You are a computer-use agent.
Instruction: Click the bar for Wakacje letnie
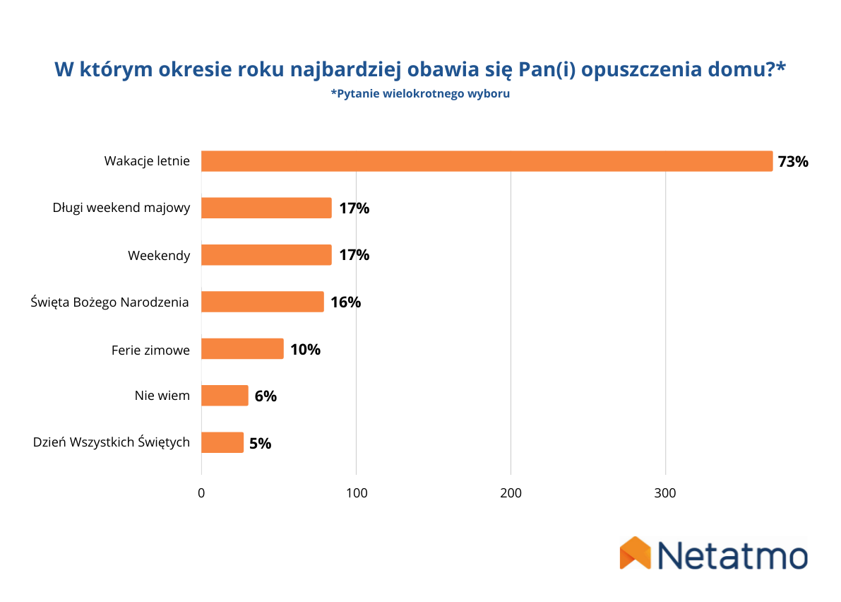pyautogui.click(x=487, y=161)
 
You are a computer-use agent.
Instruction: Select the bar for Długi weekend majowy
pyautogui.click(x=266, y=208)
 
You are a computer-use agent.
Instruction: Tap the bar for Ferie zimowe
pyautogui.click(x=242, y=349)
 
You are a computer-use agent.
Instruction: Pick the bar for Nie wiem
pyautogui.click(x=225, y=396)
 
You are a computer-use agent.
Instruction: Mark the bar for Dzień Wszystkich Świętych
pyautogui.click(x=222, y=443)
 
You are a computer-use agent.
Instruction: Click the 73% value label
pyautogui.click(x=792, y=162)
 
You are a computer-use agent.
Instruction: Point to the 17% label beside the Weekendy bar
pyautogui.click(x=354, y=255)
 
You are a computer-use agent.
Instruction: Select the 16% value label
pyautogui.click(x=345, y=302)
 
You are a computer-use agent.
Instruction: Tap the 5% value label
pyautogui.click(x=260, y=444)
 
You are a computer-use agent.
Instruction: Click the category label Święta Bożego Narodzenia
pyautogui.click(x=110, y=302)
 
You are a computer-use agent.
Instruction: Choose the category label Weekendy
pyautogui.click(x=159, y=255)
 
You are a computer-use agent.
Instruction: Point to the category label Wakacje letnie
pyautogui.click(x=147, y=161)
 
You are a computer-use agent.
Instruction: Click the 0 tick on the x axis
pyautogui.click(x=201, y=493)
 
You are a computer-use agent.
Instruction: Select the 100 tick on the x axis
pyautogui.click(x=356, y=493)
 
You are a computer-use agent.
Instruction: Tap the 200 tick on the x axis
pyautogui.click(x=511, y=493)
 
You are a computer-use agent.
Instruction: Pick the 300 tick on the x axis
pyautogui.click(x=665, y=493)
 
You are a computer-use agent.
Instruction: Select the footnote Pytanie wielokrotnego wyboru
pyautogui.click(x=420, y=94)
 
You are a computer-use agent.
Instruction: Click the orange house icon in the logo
pyautogui.click(x=635, y=553)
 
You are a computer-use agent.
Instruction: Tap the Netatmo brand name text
pyautogui.click(x=732, y=555)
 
